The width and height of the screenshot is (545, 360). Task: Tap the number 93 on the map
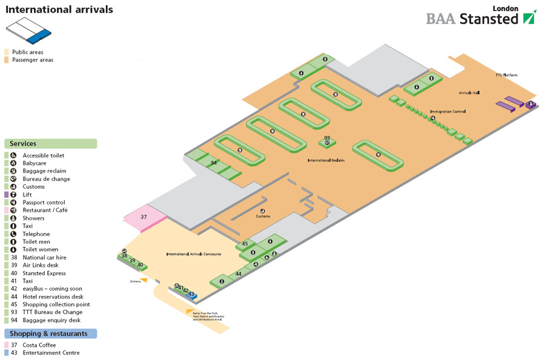(327, 138)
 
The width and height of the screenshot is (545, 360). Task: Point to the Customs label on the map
(263, 216)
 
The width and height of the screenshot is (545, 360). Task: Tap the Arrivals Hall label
(469, 93)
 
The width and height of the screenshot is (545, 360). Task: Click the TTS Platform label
(506, 75)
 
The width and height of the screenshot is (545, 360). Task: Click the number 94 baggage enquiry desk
(214, 163)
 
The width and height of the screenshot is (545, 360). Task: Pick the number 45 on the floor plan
(245, 244)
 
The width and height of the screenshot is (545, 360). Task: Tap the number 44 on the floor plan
(239, 274)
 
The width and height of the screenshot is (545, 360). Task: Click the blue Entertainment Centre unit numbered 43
(191, 294)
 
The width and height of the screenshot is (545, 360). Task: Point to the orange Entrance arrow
(144, 280)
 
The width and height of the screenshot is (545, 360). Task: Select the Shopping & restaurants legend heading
(50, 333)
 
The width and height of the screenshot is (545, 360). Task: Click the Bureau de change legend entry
(46, 179)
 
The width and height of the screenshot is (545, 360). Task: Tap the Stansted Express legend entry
(44, 273)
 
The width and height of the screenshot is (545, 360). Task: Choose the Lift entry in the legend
(27, 195)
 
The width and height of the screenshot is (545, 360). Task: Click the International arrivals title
(59, 10)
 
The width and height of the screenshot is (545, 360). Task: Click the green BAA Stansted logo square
(530, 17)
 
